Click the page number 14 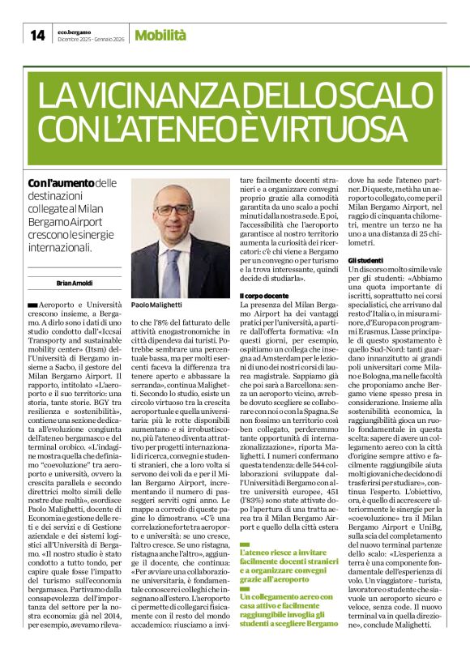[x=37, y=35]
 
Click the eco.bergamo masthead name [x=78, y=30]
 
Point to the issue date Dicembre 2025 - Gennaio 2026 [x=92, y=39]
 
